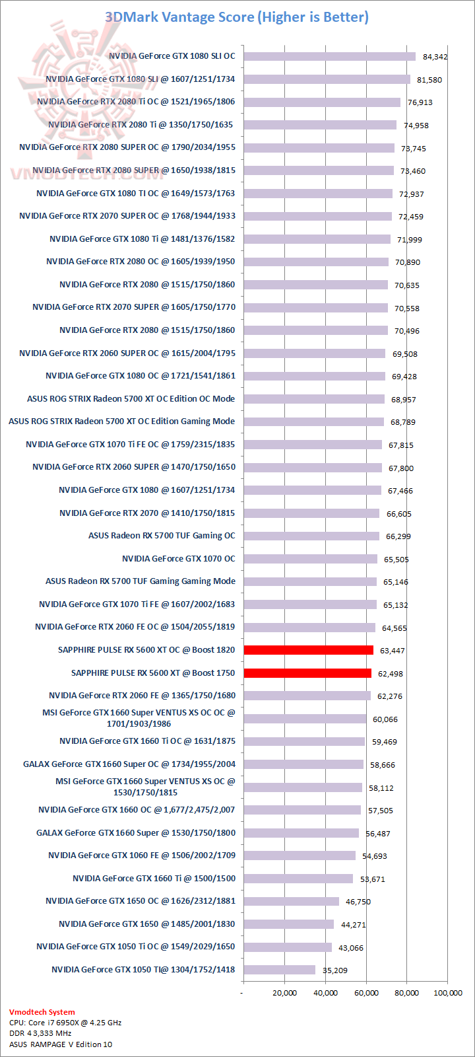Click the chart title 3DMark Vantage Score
(x=237, y=17)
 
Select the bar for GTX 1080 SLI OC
(x=329, y=56)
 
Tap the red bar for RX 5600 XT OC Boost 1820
(x=308, y=650)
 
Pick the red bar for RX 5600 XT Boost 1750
(x=307, y=673)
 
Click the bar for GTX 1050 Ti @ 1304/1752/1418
(x=280, y=970)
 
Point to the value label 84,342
(x=435, y=57)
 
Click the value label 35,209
(x=334, y=970)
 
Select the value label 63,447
(x=393, y=651)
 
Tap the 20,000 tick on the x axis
(x=284, y=993)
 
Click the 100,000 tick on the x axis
(x=447, y=993)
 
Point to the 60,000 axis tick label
(x=366, y=993)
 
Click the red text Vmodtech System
(x=42, y=1012)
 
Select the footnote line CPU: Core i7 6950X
(x=65, y=1023)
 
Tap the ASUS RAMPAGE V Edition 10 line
(x=61, y=1044)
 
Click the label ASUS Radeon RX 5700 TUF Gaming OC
(x=162, y=536)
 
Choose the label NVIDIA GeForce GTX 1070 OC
(x=178, y=559)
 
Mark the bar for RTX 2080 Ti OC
(x=322, y=102)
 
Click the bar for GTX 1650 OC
(x=292, y=901)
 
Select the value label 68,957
(x=403, y=400)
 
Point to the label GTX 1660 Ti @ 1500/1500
(x=154, y=879)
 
